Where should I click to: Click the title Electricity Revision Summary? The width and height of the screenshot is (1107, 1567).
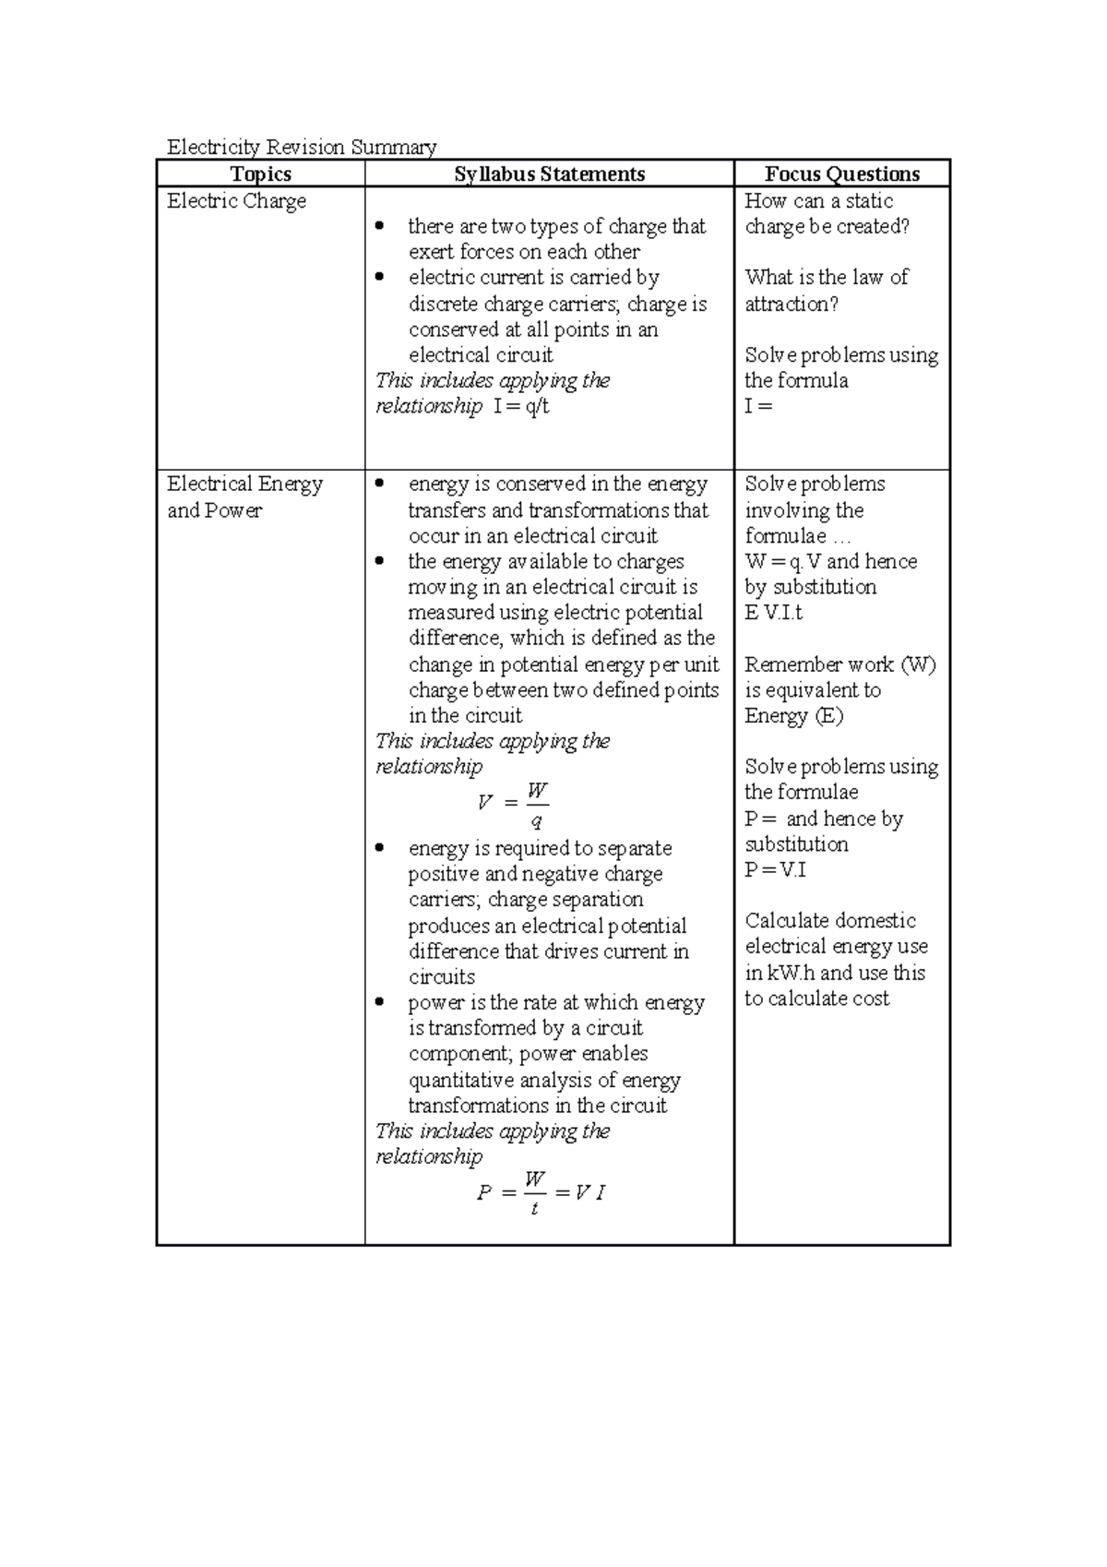tap(301, 147)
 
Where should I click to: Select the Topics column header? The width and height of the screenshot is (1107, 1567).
tap(261, 174)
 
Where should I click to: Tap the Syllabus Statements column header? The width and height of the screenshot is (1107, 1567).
tap(549, 174)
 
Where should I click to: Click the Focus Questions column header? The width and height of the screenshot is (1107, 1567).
tap(841, 174)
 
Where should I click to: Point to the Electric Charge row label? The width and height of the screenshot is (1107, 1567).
tap(236, 201)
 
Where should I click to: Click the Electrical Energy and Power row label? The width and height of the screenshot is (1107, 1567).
tap(244, 496)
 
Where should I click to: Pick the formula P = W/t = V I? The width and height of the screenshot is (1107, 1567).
tap(541, 1192)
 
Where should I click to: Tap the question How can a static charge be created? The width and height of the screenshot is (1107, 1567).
tap(827, 213)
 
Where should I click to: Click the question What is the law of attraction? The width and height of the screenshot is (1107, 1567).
tap(827, 290)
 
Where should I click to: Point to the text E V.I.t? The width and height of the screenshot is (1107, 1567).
tap(774, 613)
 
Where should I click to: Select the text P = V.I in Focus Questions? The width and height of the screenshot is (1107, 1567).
tap(775, 869)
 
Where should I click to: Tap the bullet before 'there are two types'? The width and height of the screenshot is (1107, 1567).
tap(379, 227)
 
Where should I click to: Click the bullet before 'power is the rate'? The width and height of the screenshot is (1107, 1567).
tap(379, 1003)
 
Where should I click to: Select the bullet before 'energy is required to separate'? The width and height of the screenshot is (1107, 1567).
tap(379, 848)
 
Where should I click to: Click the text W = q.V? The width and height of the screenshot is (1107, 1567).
tap(783, 562)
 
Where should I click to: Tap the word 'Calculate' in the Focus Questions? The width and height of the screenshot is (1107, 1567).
tap(783, 921)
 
